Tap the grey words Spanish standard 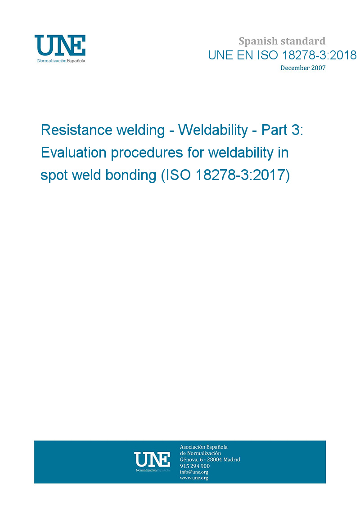click(282, 41)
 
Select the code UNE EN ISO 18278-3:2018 click(283, 55)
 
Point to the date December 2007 click(303, 68)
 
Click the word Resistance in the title click(76, 130)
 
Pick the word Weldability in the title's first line click(213, 130)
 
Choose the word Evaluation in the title click(74, 152)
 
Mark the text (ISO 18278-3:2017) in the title click(225, 176)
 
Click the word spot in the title click(54, 176)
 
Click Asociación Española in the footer click(204, 447)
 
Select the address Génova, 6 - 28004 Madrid click(210, 459)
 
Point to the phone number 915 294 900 click(195, 466)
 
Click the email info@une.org click(194, 472)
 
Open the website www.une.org click(194, 478)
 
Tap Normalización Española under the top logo click(61, 61)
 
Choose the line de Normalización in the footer click(200, 453)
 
